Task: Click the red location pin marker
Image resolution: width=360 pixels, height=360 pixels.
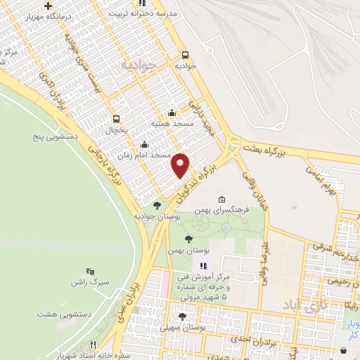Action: (181, 165)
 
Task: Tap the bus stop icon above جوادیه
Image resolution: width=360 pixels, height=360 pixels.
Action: (185, 55)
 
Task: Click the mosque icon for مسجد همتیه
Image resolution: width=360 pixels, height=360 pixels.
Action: (172, 112)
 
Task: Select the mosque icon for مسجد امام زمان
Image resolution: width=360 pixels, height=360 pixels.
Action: (144, 145)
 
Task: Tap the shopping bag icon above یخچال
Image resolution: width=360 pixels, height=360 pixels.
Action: (116, 119)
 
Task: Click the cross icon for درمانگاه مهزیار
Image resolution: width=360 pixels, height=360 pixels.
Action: (47, 6)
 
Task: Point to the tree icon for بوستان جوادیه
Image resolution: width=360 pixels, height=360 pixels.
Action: (156, 205)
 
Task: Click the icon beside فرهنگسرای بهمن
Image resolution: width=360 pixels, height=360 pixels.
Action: (222, 200)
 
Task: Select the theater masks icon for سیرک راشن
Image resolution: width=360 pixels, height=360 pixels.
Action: (89, 271)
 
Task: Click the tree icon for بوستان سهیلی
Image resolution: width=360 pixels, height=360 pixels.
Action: (184, 317)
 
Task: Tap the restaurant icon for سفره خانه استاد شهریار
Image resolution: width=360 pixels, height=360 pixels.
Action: (93, 344)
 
